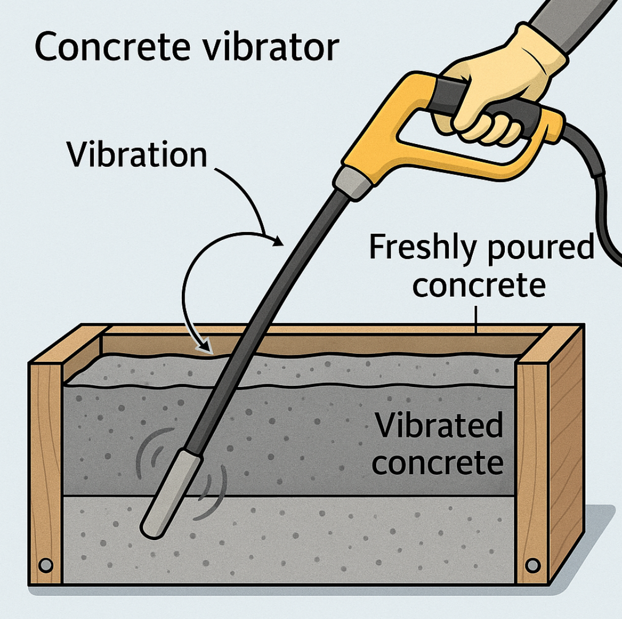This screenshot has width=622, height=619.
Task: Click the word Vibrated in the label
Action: coord(438,427)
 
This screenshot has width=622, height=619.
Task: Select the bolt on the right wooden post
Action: coord(532,565)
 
